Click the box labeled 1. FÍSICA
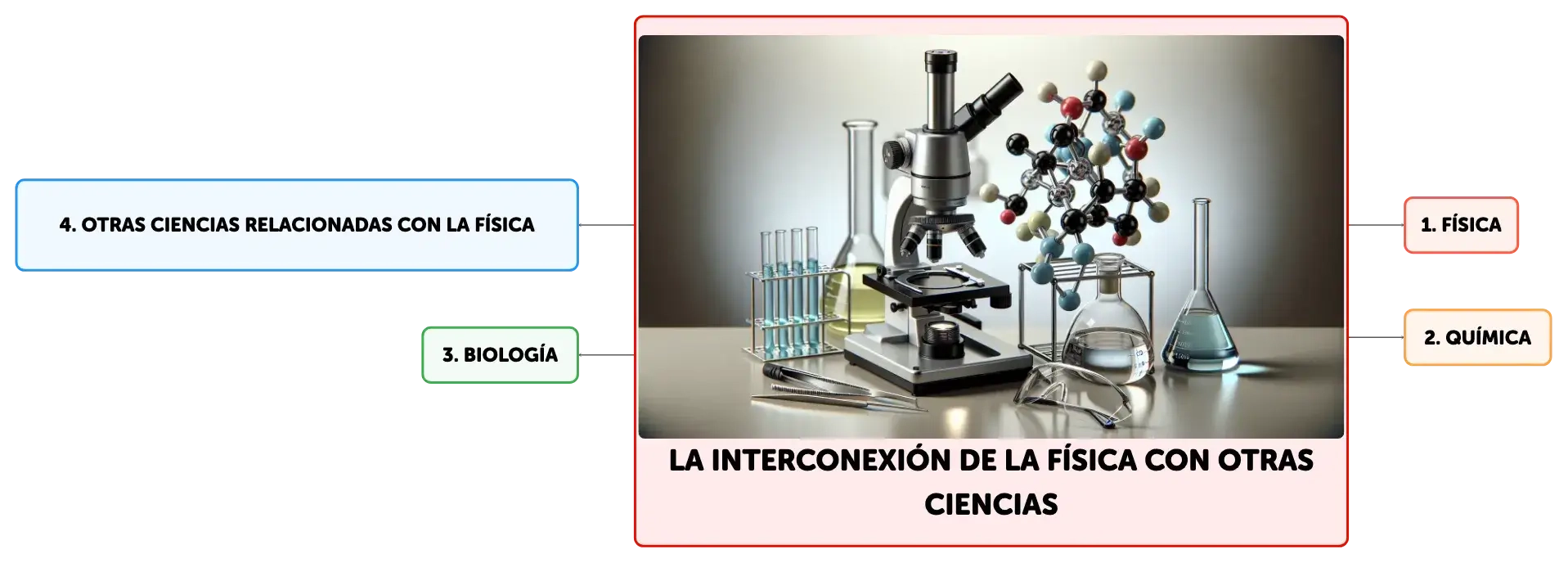tap(1461, 225)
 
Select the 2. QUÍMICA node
tap(1477, 337)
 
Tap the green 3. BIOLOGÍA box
tap(500, 355)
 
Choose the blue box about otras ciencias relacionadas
tap(297, 225)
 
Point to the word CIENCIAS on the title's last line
tap(991, 505)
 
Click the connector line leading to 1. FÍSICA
tap(1376, 225)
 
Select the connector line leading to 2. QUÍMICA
tap(1376, 337)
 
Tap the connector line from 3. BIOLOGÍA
tap(606, 355)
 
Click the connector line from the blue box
tap(606, 225)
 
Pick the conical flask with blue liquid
tap(1200, 311)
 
